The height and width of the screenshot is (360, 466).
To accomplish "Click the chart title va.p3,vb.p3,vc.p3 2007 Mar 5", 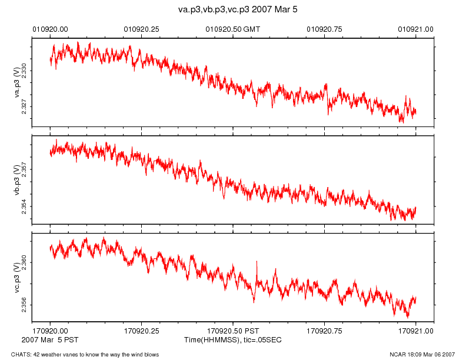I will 232,10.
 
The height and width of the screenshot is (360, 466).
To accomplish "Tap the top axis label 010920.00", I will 50,28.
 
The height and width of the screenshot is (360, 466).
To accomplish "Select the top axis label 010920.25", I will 142,28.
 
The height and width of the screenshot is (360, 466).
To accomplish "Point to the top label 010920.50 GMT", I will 233,28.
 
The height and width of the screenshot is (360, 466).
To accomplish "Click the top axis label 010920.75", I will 325,28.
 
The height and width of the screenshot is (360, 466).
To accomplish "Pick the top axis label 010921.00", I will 416,28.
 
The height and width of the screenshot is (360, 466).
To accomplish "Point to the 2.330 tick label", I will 24,72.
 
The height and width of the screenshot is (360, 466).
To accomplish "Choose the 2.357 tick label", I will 24,170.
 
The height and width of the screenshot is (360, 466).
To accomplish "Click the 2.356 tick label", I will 24,304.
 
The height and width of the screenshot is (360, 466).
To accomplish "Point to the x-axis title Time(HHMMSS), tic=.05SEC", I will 232,340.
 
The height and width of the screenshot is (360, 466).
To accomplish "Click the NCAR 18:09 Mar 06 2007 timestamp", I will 422,354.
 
